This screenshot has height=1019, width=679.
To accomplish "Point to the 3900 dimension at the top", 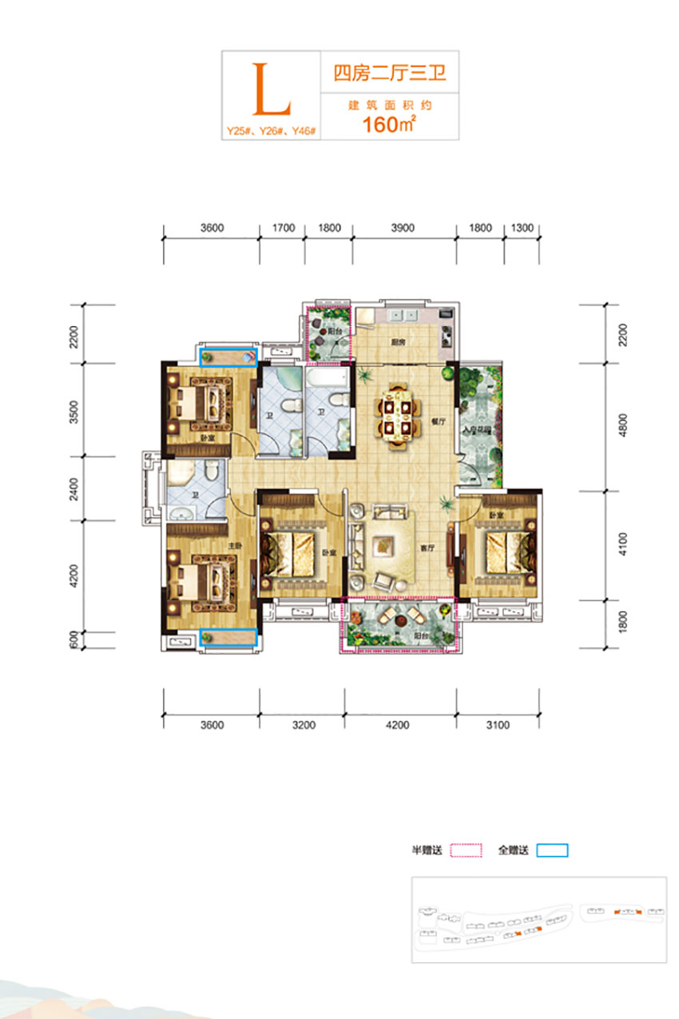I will (403, 228).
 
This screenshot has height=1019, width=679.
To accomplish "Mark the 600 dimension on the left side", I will (74, 639).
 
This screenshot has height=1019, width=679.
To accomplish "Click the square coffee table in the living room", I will (386, 543).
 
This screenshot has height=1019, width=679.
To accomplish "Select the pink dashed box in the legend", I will (466, 850).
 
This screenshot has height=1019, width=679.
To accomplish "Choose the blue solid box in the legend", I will (552, 850).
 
